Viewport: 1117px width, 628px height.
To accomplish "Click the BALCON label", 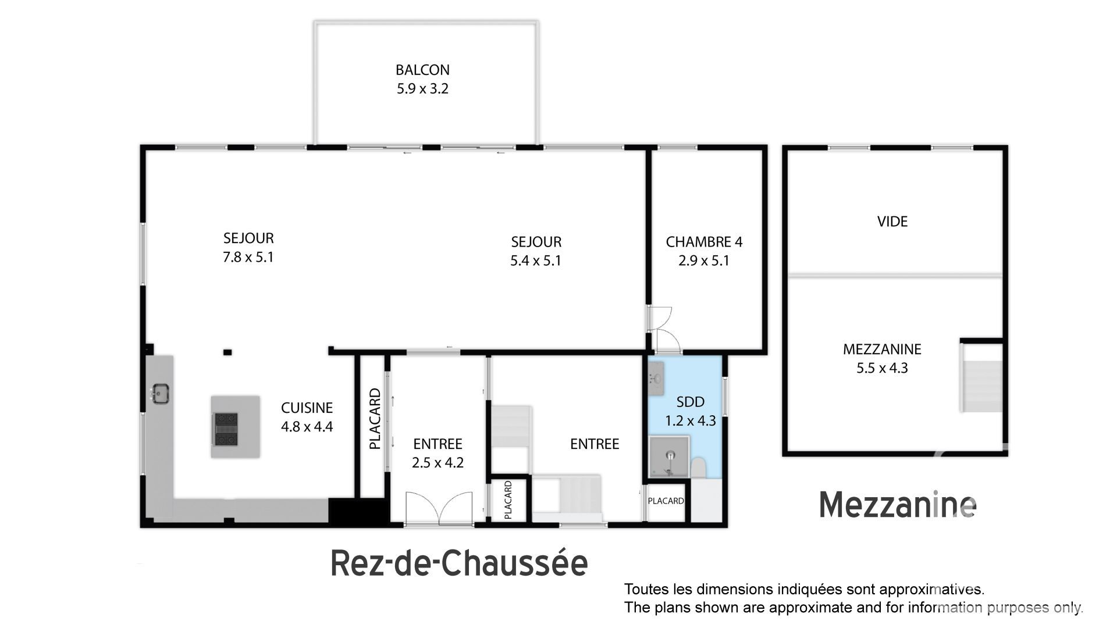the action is [422, 70].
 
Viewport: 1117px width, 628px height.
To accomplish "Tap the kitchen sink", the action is [159, 394].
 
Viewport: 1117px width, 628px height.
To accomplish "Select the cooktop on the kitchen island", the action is [226, 429].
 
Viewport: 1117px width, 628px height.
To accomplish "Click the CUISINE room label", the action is [307, 408].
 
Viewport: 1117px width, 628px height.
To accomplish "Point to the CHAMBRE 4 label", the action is [704, 241].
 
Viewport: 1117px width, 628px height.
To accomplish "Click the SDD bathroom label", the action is [691, 402].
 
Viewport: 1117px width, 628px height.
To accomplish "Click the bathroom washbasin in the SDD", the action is [657, 378].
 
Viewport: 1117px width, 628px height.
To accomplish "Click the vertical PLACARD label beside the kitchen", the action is [375, 419].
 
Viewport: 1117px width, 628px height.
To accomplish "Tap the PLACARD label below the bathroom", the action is [666, 501].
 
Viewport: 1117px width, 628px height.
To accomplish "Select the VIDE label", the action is [892, 221].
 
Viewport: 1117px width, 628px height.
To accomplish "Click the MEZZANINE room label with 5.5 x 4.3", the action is [882, 349].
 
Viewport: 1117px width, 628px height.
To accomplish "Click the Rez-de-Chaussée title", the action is [459, 563].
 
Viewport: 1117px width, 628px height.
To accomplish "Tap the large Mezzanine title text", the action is [898, 505].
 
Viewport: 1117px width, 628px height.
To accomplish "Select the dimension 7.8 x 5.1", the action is [248, 256].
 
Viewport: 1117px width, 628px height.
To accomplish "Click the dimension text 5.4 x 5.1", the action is [536, 261].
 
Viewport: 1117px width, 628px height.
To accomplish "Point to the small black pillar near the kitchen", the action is [228, 352].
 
